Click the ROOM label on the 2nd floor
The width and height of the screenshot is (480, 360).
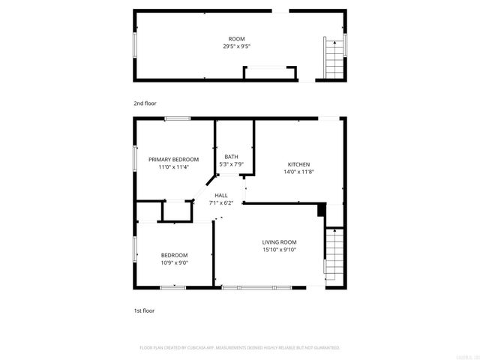pyautogui.click(x=236, y=39)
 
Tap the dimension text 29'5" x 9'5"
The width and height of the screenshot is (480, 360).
pyautogui.click(x=236, y=46)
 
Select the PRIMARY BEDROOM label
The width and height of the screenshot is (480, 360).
pyautogui.click(x=173, y=160)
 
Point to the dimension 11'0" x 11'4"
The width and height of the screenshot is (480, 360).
pyautogui.click(x=173, y=167)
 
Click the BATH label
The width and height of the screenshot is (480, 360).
pyautogui.click(x=231, y=157)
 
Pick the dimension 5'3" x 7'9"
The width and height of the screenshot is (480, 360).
pyautogui.click(x=231, y=164)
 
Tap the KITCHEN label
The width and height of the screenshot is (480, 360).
pyautogui.click(x=299, y=164)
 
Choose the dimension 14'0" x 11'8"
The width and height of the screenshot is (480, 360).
pyautogui.click(x=299, y=172)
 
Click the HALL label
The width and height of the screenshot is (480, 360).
pyautogui.click(x=221, y=195)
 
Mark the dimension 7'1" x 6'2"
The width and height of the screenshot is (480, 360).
pyautogui.click(x=221, y=202)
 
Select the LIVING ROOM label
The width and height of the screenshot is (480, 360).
pyautogui.click(x=279, y=241)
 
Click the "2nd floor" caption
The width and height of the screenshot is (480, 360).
pyautogui.click(x=145, y=103)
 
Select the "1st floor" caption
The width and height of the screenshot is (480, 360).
pyautogui.click(x=144, y=309)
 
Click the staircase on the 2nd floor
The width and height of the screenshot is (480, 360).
pyautogui.click(x=332, y=59)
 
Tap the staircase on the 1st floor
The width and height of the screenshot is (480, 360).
pyautogui.click(x=332, y=255)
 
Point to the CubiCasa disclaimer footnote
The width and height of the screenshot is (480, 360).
pyautogui.click(x=240, y=348)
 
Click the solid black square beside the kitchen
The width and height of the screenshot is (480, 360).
pyautogui.click(x=322, y=210)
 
